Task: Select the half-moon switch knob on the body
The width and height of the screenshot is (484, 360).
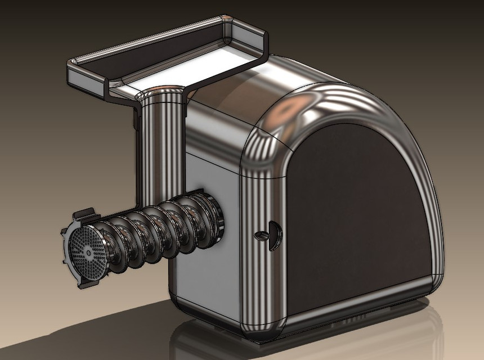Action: pos(274,234)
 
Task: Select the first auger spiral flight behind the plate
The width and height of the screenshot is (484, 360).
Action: pos(115,242)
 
